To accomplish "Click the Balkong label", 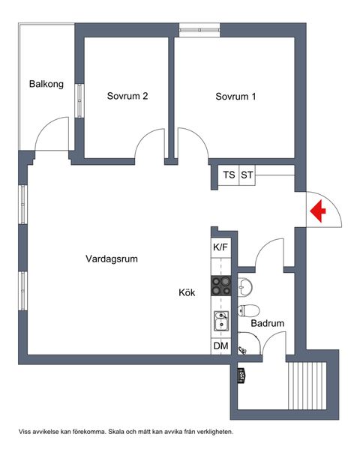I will point(44,84).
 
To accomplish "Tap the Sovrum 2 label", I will point(127,96).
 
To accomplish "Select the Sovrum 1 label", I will point(235,96).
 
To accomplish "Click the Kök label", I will point(187,293).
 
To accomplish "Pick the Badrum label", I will point(268,324).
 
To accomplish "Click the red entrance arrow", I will point(318,212).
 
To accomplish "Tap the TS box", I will point(229,175).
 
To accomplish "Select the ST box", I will point(247,175).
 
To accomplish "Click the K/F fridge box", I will point(220,247).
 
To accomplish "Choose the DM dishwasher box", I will point(220,346).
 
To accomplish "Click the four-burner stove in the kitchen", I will point(220,286).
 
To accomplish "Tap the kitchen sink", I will point(220,322).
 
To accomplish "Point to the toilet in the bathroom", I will point(249,310).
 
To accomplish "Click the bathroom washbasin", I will point(244,286).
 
